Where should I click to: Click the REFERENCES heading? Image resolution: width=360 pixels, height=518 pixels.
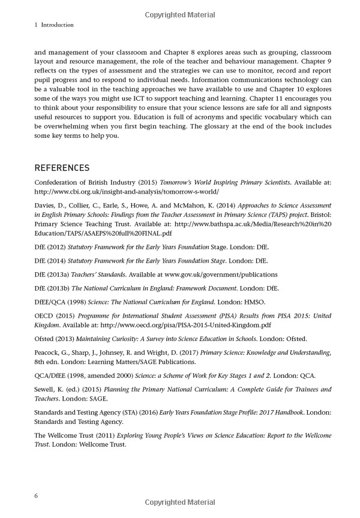[62, 167]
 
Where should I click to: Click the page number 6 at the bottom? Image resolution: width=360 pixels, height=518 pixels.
[37, 496]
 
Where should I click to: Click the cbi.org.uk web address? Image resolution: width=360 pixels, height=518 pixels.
[127, 192]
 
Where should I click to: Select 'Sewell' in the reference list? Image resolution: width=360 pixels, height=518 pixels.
[45, 390]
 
